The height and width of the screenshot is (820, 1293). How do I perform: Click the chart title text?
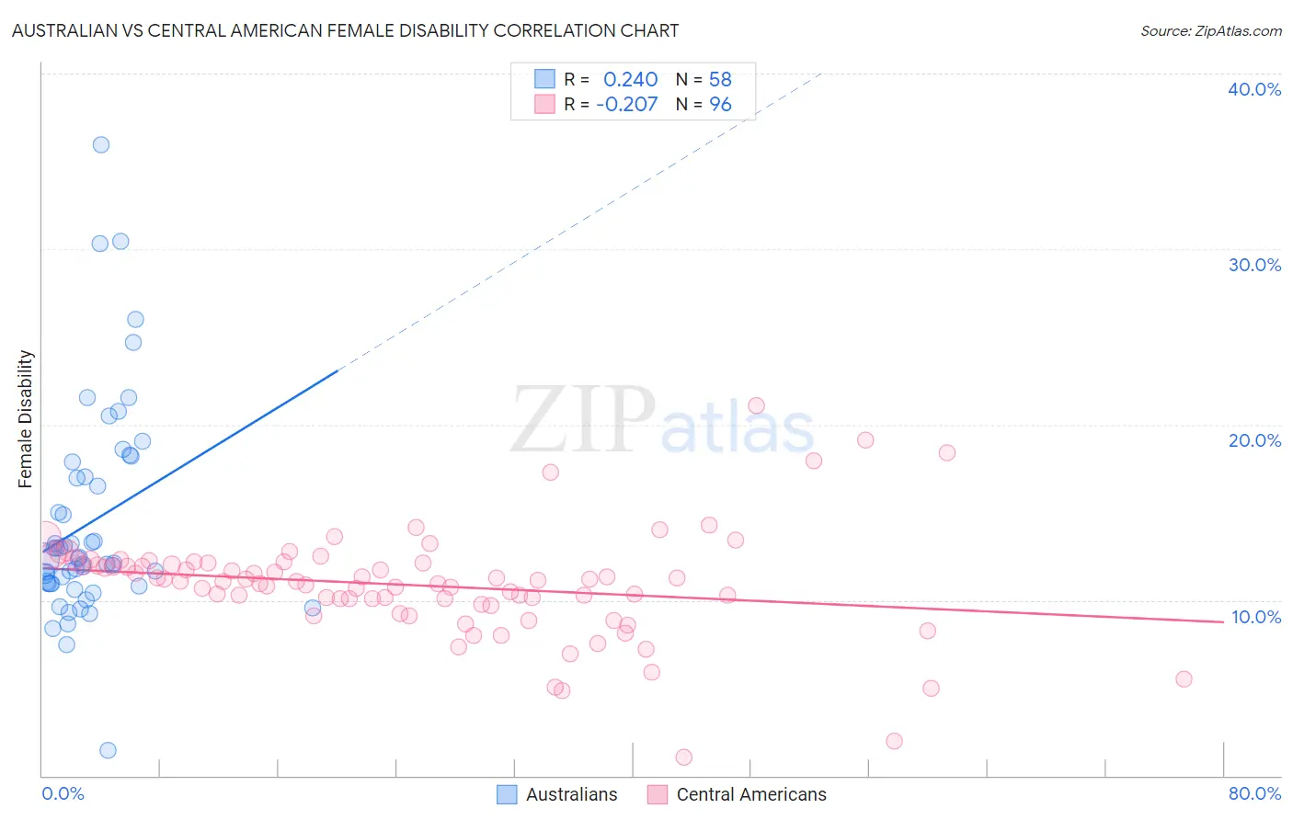[345, 30]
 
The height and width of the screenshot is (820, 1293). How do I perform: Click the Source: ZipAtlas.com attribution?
[1210, 30]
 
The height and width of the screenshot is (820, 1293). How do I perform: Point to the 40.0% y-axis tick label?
[1254, 89]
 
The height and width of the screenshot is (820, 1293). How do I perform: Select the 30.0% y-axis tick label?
[1254, 265]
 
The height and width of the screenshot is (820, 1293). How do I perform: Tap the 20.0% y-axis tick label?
[1254, 440]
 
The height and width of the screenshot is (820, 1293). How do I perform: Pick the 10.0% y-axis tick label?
[1255, 617]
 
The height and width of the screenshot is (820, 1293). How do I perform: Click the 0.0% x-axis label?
[63, 793]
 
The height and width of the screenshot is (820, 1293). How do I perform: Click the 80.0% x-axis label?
[1254, 793]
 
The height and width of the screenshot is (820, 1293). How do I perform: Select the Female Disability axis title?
[26, 418]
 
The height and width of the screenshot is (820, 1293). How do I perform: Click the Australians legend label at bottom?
[571, 794]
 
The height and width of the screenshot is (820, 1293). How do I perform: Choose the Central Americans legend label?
[751, 794]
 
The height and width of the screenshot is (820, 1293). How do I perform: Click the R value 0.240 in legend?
[630, 80]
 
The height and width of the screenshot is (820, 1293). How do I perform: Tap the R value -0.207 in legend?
[626, 104]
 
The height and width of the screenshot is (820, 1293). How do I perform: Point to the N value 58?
[720, 80]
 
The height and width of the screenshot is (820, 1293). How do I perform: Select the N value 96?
[720, 104]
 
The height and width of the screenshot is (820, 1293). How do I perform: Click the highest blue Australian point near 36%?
[101, 144]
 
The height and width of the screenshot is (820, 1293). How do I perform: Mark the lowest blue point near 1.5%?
[108, 750]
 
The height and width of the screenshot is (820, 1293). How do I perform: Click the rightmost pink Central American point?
[1184, 679]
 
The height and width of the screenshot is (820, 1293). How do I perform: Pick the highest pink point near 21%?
[756, 405]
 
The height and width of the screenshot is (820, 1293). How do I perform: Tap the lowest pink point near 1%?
[683, 757]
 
